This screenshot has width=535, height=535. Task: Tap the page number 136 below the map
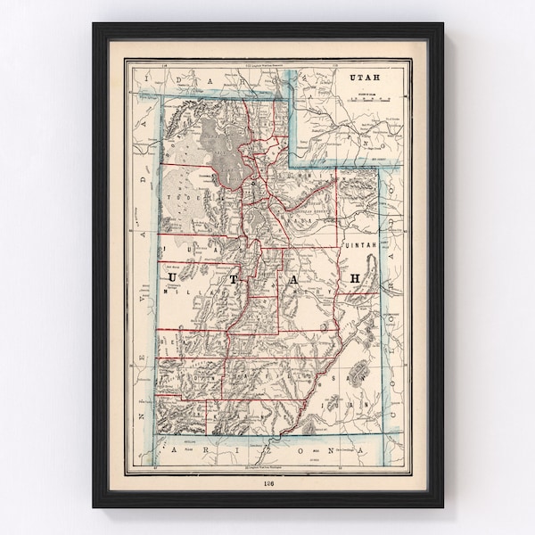pos(269,483)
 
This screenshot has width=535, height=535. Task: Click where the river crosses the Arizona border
pos(278,438)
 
